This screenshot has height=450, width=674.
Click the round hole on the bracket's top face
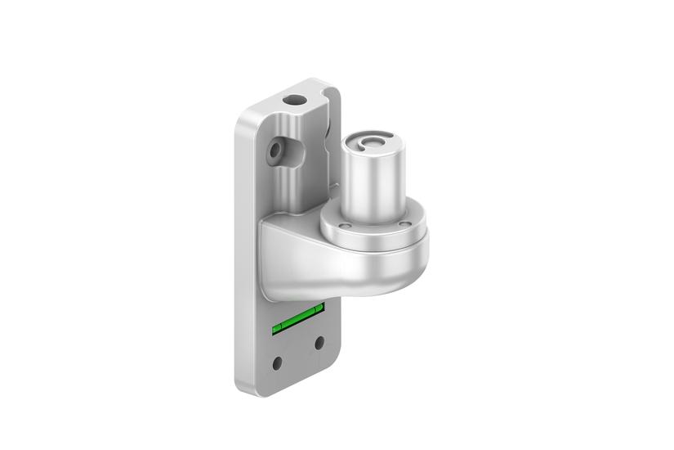[292, 99]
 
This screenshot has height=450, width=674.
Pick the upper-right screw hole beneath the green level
[319, 342]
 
